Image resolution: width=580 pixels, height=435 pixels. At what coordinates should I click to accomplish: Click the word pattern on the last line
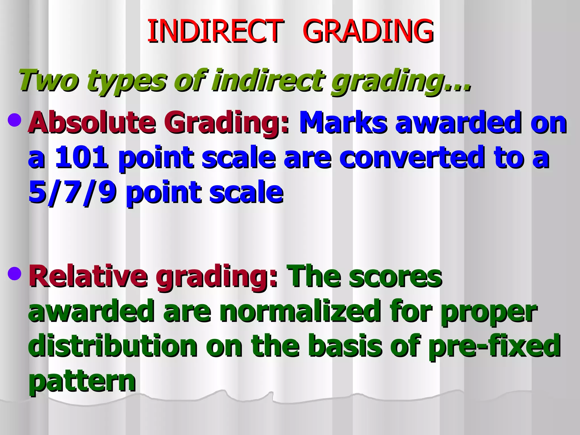click(82, 381)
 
